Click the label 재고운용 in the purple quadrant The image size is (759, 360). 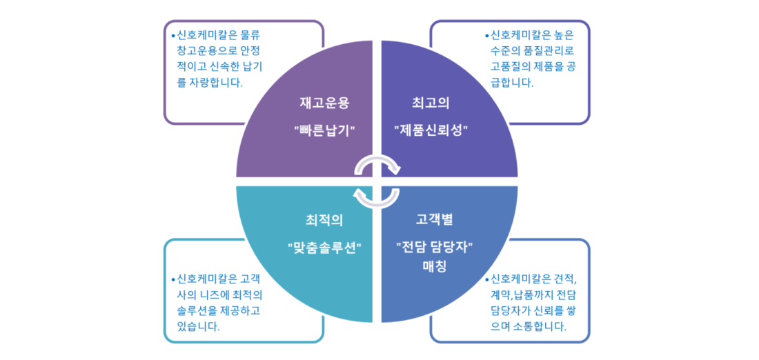(324, 103)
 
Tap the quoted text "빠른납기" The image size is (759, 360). (325, 130)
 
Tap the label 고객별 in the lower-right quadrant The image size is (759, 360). (434, 221)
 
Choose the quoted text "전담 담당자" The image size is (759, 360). (434, 248)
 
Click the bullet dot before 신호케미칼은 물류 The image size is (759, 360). (173, 35)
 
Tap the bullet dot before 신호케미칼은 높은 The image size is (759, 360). (487, 35)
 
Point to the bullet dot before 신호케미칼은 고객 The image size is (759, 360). (173, 279)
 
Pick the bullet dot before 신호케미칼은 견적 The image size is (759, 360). (487, 279)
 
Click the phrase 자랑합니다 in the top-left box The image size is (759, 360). (215, 82)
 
